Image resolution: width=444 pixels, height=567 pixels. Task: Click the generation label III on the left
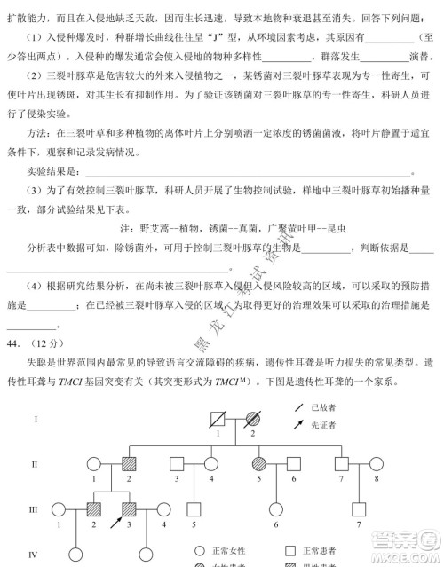35,508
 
